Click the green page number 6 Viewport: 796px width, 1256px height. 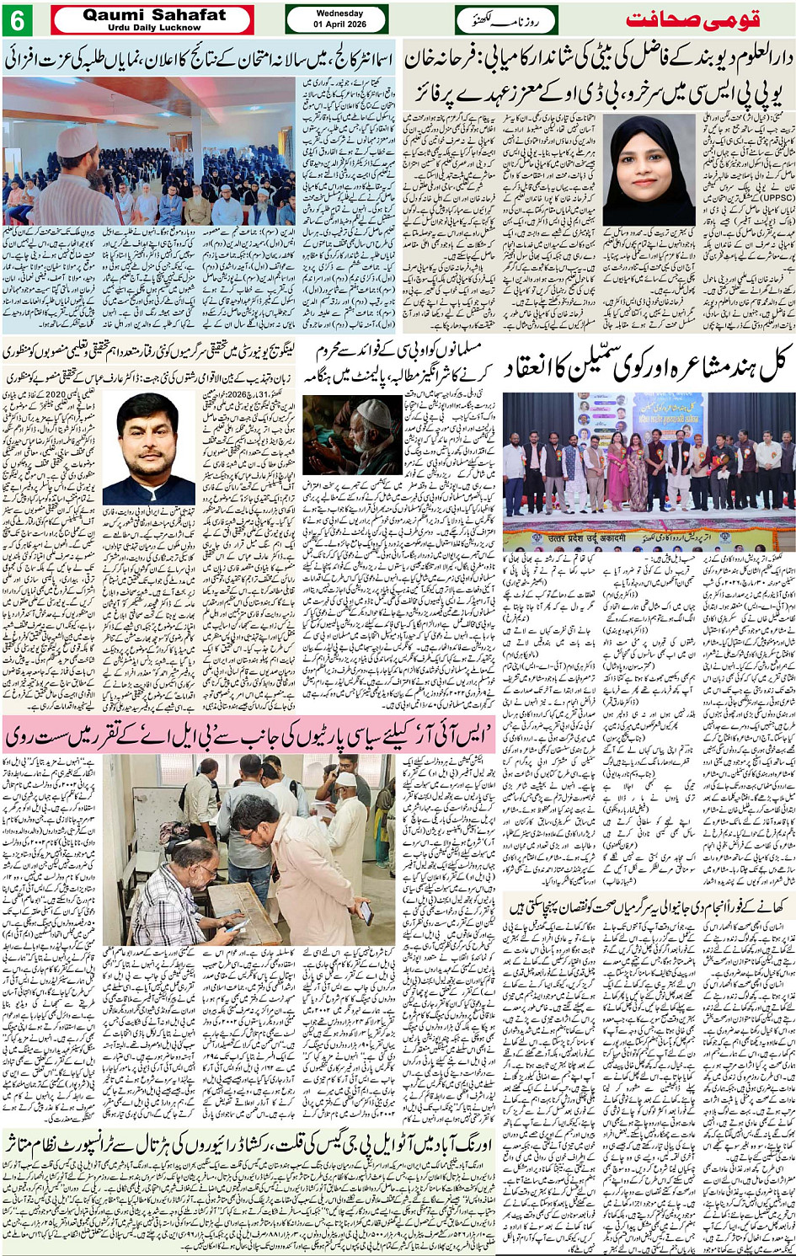coord(18,19)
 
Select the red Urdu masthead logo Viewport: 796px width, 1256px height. coord(709,19)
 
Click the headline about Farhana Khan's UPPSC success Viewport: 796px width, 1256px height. coord(599,76)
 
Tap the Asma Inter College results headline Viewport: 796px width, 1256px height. coord(199,59)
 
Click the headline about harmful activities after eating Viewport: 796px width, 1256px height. coord(649,906)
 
